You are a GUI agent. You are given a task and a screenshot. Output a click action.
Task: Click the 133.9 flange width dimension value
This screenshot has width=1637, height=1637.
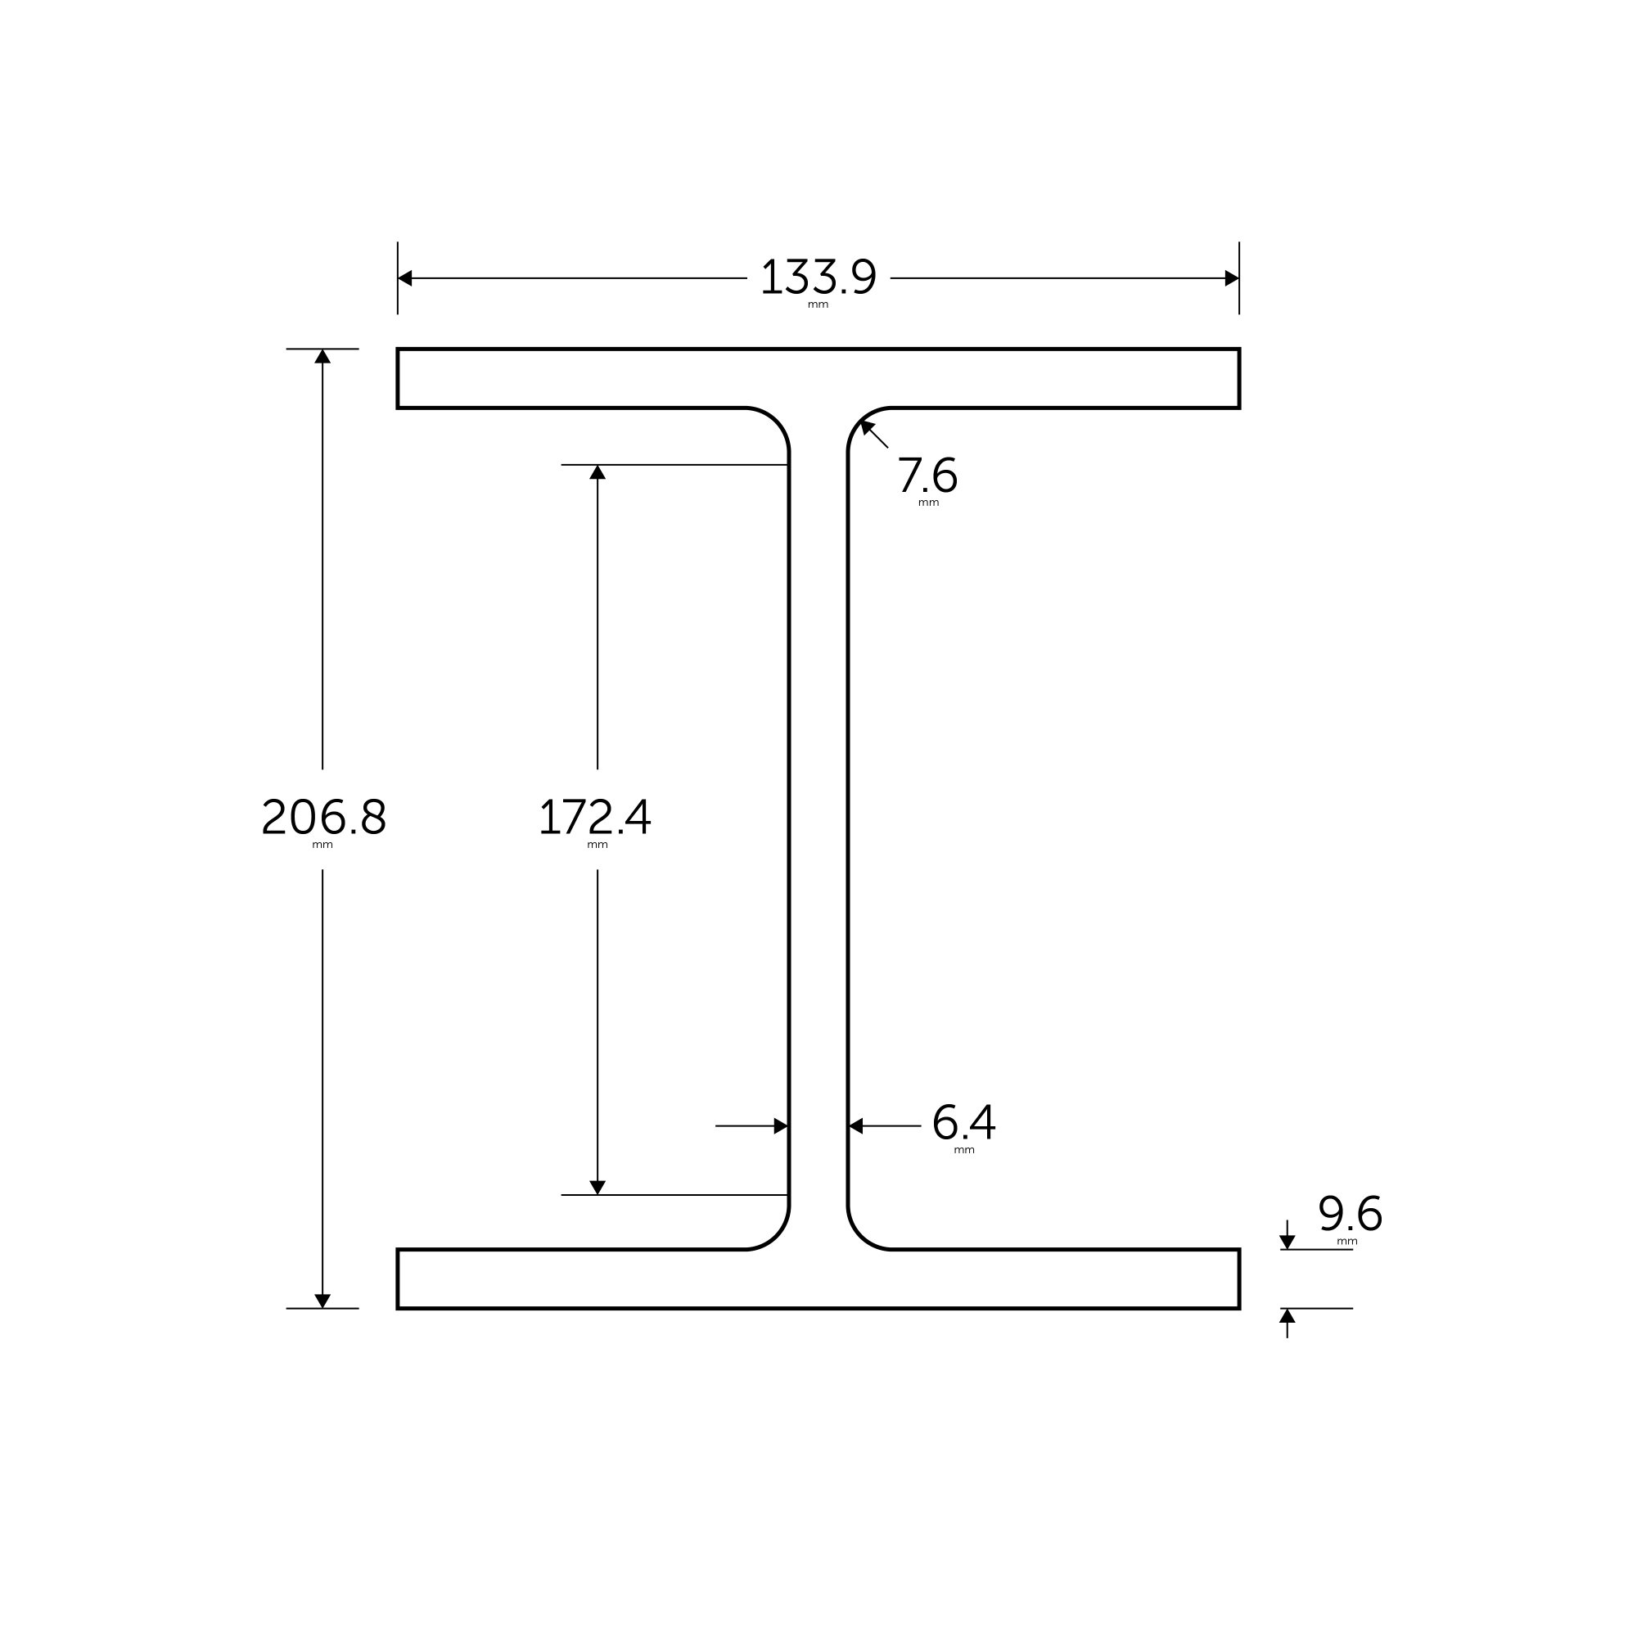pyautogui.click(x=818, y=277)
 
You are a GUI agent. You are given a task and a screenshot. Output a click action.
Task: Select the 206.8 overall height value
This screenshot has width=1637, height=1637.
pyautogui.click(x=323, y=817)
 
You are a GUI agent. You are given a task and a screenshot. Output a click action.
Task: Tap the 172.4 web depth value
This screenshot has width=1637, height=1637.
pyautogui.click(x=595, y=817)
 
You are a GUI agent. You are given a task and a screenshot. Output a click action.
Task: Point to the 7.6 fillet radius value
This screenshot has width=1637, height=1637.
pyautogui.click(x=927, y=476)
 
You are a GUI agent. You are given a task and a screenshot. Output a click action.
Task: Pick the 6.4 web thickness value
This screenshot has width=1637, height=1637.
pyautogui.click(x=963, y=1123)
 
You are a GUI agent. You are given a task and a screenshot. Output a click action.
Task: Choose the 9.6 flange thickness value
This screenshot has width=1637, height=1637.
pyautogui.click(x=1351, y=1214)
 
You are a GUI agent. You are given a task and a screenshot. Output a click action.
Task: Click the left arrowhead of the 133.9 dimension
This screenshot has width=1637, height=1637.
pyautogui.click(x=405, y=278)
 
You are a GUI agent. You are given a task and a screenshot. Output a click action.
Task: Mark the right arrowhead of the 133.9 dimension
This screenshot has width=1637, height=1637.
pyautogui.click(x=1232, y=278)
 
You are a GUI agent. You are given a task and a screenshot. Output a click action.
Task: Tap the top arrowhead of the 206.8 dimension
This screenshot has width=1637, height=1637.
pyautogui.click(x=322, y=357)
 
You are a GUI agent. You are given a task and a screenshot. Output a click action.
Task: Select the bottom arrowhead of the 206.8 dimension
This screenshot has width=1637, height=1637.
pyautogui.click(x=322, y=1301)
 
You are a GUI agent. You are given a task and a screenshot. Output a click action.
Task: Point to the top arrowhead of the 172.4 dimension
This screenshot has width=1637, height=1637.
pyautogui.click(x=598, y=472)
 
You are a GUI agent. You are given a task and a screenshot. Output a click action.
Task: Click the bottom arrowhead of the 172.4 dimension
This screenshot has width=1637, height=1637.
pyautogui.click(x=598, y=1187)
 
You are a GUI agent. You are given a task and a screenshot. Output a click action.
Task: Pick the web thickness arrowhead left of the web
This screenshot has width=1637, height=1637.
pyautogui.click(x=781, y=1126)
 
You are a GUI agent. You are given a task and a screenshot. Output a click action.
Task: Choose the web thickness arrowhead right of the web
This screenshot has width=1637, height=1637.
pyautogui.click(x=856, y=1126)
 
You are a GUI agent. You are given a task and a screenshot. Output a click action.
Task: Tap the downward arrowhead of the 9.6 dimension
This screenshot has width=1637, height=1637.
pyautogui.click(x=1287, y=1242)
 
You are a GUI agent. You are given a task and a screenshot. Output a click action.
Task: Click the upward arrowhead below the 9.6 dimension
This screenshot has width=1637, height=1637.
pyautogui.click(x=1287, y=1316)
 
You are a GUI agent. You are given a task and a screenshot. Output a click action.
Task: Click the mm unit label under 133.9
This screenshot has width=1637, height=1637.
pyautogui.click(x=818, y=305)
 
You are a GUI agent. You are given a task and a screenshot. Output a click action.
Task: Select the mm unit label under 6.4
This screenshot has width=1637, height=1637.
pyautogui.click(x=964, y=1151)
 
